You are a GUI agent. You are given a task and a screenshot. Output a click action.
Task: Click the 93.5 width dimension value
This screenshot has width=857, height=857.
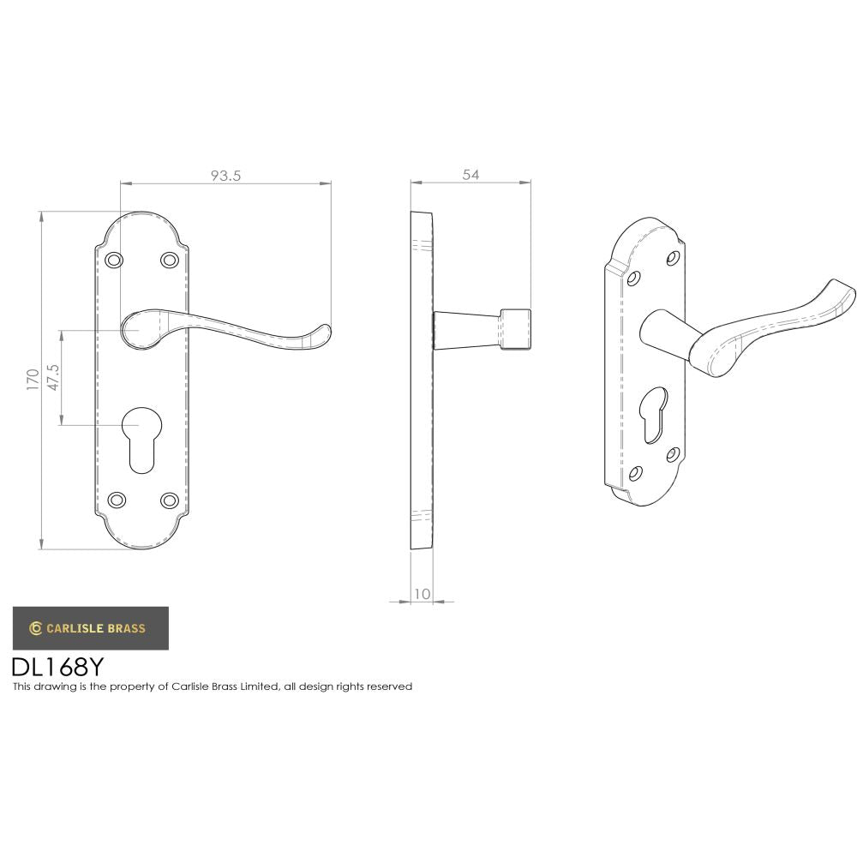pos(226,175)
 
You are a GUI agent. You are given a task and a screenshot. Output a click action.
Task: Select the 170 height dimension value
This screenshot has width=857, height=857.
pos(33,379)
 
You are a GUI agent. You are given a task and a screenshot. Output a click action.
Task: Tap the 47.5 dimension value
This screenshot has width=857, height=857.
pos(53,377)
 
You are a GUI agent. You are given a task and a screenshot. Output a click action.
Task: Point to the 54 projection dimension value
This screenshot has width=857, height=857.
pos(470,174)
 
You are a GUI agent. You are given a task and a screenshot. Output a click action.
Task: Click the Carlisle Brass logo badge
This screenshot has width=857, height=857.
pos(90,628)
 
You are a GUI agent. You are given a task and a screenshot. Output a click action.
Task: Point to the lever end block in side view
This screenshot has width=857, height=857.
pos(515,329)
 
